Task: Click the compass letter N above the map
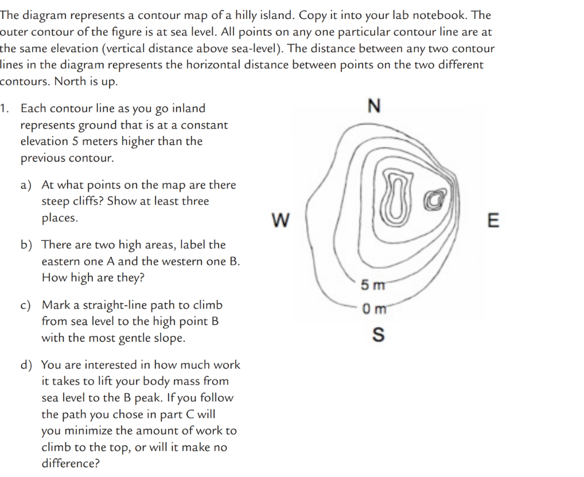pos(374,107)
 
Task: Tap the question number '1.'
pos(6,108)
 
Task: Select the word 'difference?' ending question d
pos(70,463)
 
